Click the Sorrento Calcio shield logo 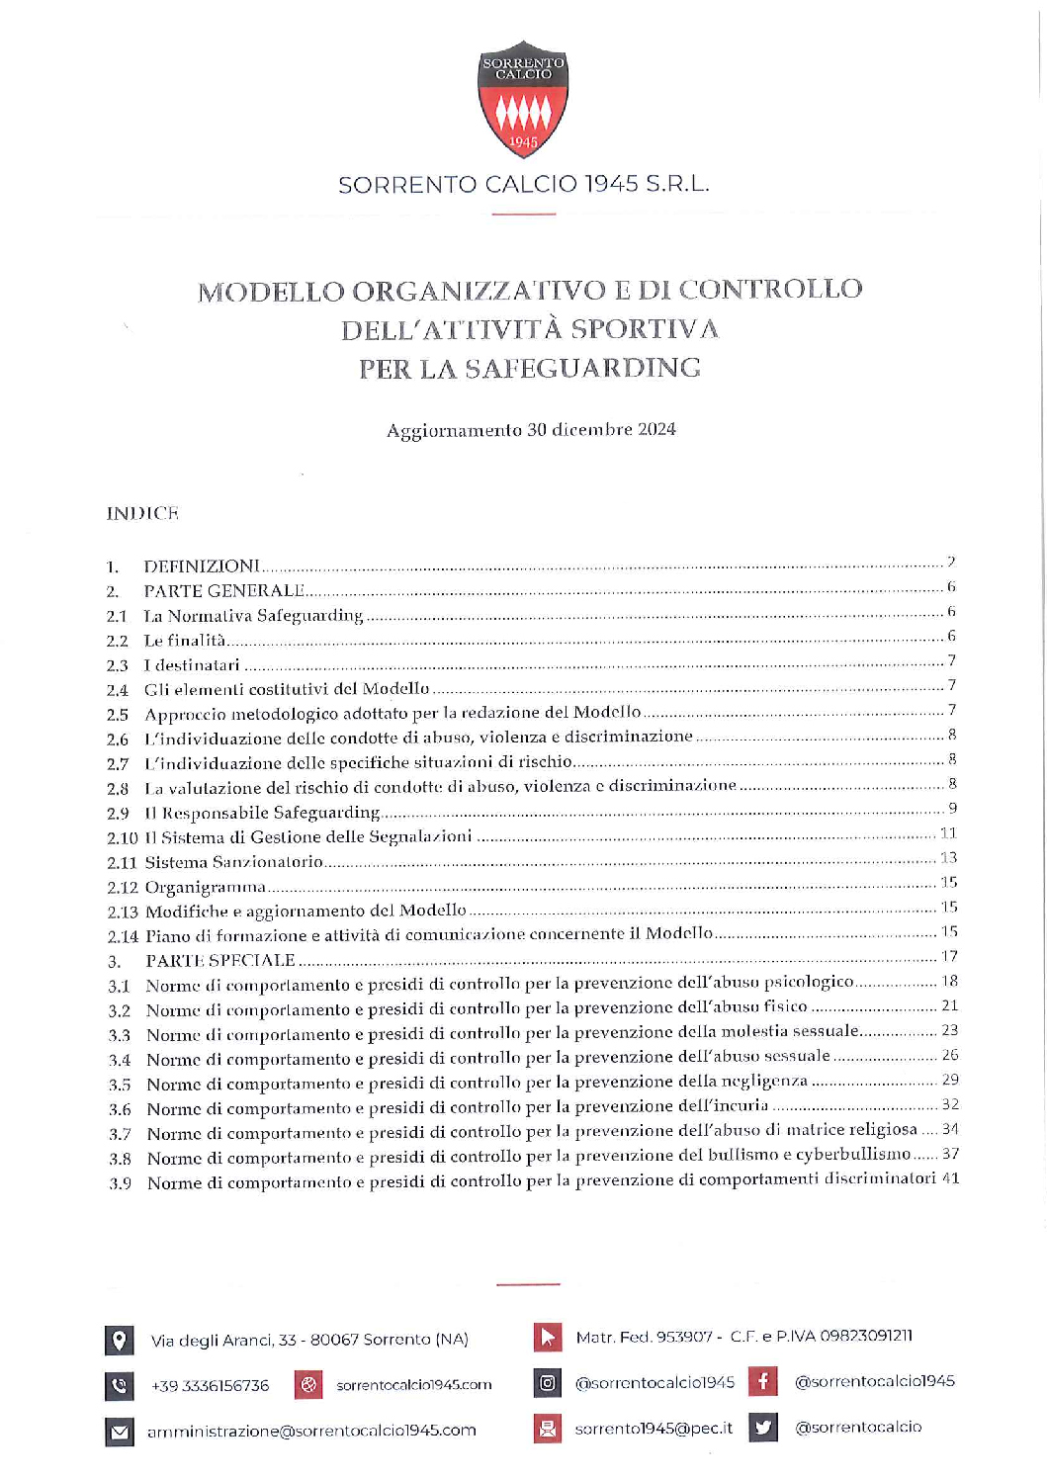click(523, 100)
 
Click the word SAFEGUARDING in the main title click(582, 369)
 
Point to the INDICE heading click(142, 513)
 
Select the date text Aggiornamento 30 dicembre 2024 click(531, 429)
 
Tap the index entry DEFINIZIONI click(202, 566)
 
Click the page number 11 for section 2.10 click(948, 833)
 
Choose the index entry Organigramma click(206, 887)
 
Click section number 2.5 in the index click(118, 715)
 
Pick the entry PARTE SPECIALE click(219, 960)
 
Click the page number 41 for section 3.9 click(950, 1178)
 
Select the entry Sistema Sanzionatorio click(234, 862)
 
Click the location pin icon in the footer click(119, 1341)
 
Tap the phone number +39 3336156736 click(210, 1386)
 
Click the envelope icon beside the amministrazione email click(119, 1432)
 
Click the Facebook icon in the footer click(762, 1381)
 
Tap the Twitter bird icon click(762, 1427)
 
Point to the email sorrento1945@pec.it click(654, 1428)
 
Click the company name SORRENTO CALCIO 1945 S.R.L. click(523, 185)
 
